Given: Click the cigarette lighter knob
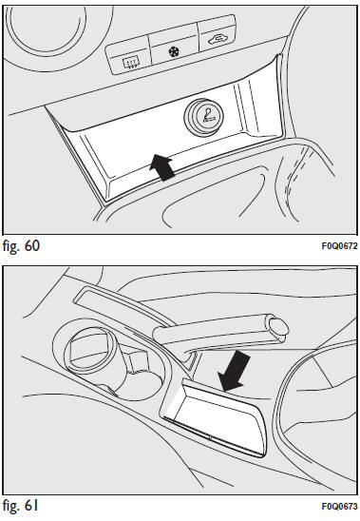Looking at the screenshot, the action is coord(203,116).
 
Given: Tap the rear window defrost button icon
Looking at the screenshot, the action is coord(131,63).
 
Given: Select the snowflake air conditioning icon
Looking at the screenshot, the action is coord(174,51).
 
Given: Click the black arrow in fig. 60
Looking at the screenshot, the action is coord(161,167).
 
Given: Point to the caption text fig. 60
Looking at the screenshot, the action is coord(21,246).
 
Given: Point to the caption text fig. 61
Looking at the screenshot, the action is coord(20,506).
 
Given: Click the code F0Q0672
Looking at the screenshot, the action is coord(339,246).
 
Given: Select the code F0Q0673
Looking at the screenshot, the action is coord(339,506).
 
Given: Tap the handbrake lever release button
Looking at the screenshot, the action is coord(278,328).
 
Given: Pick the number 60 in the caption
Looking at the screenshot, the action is coord(32,246).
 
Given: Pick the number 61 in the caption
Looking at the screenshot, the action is coord(31,506).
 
